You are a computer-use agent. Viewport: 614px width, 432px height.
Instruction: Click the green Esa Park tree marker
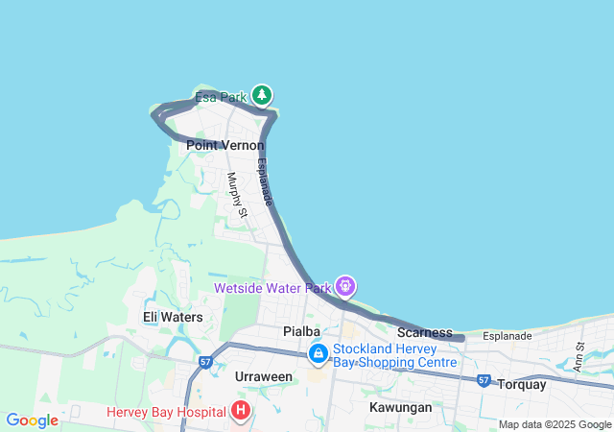tap(262, 95)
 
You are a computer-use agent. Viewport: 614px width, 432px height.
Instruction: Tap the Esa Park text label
tap(221, 98)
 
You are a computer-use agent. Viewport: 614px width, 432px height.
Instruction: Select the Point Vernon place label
tap(224, 145)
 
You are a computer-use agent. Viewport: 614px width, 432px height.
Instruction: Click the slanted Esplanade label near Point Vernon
tap(266, 181)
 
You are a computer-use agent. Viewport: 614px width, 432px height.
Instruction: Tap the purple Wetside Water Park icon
tap(345, 286)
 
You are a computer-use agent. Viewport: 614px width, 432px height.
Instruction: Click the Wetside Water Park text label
tap(272, 288)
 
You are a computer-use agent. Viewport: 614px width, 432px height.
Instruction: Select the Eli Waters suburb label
tap(173, 317)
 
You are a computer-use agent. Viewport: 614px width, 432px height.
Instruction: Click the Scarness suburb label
tap(424, 332)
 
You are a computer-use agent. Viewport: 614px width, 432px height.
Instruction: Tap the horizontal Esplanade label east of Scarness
tap(508, 336)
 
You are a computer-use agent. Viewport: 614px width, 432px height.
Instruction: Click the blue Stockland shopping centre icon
tap(318, 354)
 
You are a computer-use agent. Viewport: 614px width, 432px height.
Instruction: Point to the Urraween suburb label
tap(264, 376)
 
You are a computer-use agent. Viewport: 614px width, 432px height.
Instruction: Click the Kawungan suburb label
tap(400, 407)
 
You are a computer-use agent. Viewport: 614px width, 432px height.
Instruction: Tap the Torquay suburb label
tap(522, 385)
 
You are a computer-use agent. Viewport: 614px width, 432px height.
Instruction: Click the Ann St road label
tap(579, 357)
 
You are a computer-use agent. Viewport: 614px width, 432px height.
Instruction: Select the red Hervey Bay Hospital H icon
tap(240, 412)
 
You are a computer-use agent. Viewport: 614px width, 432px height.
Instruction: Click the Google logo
tap(32, 420)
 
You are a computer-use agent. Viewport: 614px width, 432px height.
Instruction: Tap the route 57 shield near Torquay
tap(484, 380)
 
